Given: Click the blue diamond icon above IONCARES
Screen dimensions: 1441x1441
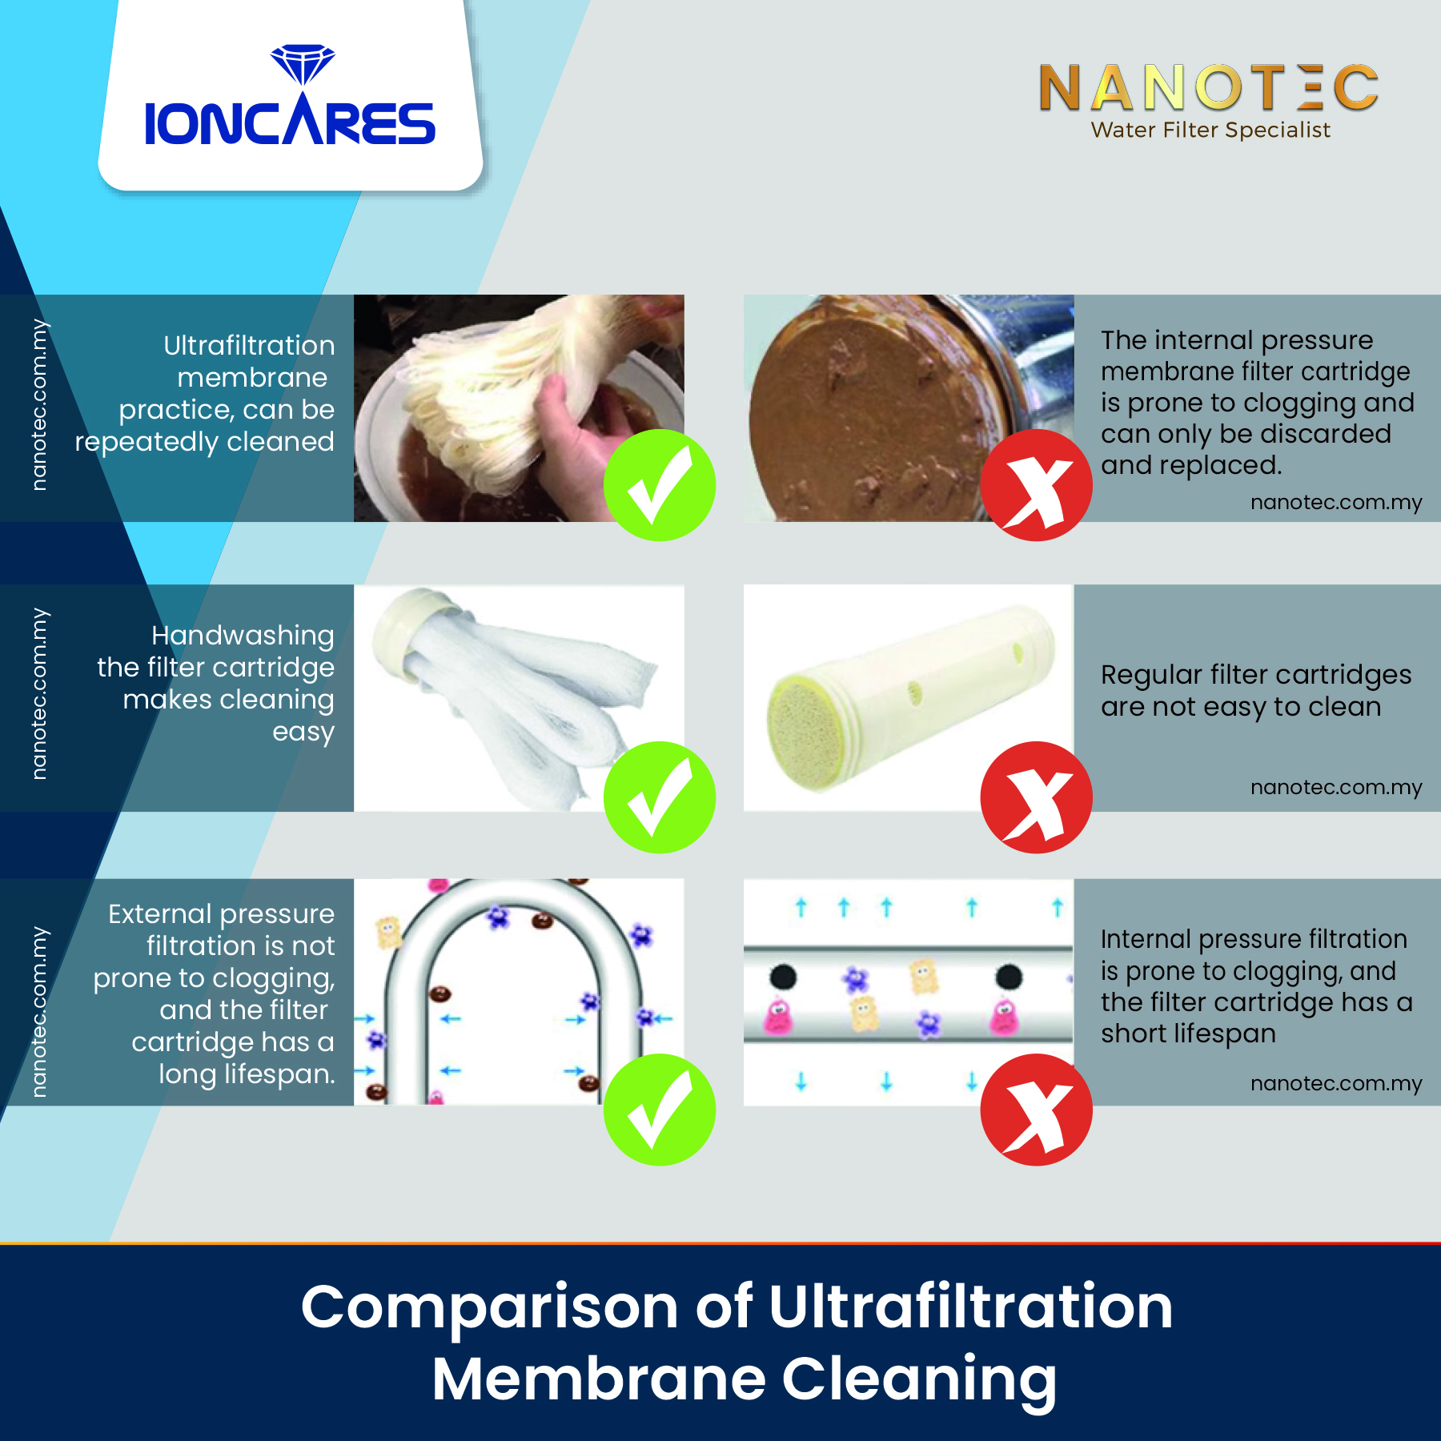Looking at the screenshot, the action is pyautogui.click(x=303, y=64).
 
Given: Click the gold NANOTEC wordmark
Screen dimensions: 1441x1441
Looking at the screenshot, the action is pyautogui.click(x=1209, y=88).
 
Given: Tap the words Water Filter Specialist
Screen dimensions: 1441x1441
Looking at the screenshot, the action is pyautogui.click(x=1210, y=130).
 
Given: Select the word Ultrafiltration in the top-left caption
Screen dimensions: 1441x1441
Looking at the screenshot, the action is pyautogui.click(x=249, y=345).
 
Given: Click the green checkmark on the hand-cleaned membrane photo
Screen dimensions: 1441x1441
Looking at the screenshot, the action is pyautogui.click(x=660, y=485).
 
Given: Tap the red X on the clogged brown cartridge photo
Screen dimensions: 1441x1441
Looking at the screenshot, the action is pyautogui.click(x=1037, y=485).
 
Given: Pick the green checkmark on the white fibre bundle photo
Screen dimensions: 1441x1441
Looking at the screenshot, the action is pyautogui.click(x=660, y=797).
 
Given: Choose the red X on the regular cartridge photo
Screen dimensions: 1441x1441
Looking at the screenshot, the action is pyautogui.click(x=1037, y=797).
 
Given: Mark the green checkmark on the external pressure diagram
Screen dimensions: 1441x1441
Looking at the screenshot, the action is pyautogui.click(x=660, y=1110).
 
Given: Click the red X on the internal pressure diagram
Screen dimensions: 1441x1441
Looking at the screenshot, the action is pyautogui.click(x=1037, y=1110).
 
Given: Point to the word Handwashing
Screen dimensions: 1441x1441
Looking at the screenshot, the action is pyautogui.click(x=243, y=636).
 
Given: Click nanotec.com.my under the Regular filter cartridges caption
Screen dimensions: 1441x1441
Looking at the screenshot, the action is pyautogui.click(x=1336, y=787).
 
